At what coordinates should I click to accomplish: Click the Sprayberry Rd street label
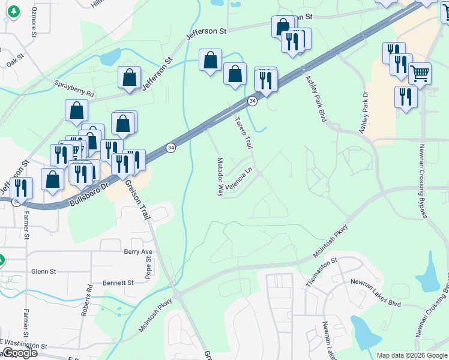[74, 89]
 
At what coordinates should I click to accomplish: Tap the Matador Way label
[220, 177]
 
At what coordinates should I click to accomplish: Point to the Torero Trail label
[243, 133]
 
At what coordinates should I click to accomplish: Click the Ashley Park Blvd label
[315, 99]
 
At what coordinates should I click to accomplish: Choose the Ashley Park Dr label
[364, 113]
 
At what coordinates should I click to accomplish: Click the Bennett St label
[118, 282]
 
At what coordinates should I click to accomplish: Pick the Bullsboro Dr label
[88, 194]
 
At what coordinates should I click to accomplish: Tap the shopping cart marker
[420, 73]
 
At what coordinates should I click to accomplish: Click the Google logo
[19, 353]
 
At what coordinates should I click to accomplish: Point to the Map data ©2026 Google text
[412, 355]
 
